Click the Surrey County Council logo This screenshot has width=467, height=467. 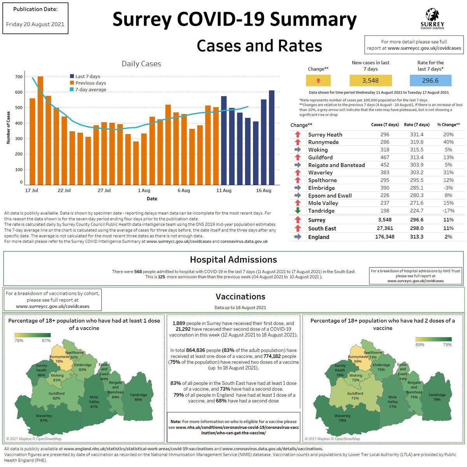(432, 19)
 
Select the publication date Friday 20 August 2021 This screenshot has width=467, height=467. (35, 24)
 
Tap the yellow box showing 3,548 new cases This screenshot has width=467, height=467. (370, 81)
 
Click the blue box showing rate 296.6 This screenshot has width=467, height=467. (430, 81)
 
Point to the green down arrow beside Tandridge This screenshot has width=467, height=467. (298, 211)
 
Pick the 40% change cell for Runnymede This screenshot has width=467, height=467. (448, 142)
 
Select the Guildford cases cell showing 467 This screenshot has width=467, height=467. (384, 157)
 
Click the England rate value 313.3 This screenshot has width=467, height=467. (416, 237)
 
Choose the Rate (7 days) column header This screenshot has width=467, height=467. (416, 125)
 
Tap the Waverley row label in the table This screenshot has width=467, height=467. (320, 172)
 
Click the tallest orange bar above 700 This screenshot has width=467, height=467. (40, 130)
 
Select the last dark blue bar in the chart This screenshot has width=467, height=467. (272, 137)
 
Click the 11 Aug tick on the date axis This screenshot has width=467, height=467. (224, 190)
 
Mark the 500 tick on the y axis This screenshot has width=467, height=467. (19, 108)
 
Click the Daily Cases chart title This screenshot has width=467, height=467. (141, 64)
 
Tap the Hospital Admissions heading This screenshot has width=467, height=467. (233, 260)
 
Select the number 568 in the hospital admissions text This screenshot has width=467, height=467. (138, 272)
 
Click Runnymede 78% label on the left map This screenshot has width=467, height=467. (59, 359)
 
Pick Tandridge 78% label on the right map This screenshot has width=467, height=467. (437, 397)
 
